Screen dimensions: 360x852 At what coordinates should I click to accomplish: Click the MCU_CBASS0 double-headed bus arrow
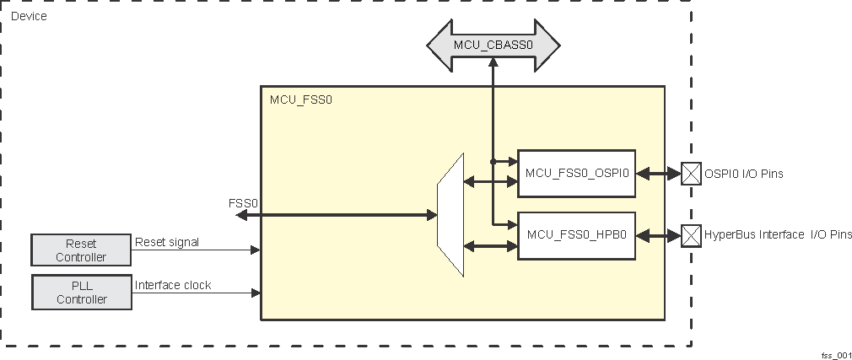coord(493,44)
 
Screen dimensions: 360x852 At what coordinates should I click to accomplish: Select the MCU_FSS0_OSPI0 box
coord(576,174)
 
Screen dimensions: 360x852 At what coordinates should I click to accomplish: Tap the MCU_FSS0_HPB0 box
coord(576,235)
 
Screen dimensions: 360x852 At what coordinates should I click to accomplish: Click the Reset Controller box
coord(81,250)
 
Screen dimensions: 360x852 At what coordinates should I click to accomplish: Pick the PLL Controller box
coord(81,292)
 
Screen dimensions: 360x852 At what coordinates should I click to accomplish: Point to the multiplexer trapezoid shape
coord(450,215)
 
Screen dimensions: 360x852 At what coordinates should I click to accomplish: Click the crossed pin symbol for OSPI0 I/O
coord(691,174)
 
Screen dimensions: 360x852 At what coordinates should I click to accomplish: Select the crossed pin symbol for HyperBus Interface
coord(691,235)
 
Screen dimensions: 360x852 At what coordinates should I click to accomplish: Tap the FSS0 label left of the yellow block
coord(243,203)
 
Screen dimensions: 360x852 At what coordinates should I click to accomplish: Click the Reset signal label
coord(167,242)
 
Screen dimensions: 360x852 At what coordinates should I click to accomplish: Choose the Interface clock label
coord(173,285)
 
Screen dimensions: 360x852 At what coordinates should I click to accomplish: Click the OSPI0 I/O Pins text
coord(743,174)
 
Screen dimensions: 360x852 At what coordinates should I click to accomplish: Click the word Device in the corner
coord(29,16)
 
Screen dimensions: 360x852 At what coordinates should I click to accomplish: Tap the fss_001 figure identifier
coord(834,354)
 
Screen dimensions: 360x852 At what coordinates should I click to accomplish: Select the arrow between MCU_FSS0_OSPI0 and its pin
coord(658,174)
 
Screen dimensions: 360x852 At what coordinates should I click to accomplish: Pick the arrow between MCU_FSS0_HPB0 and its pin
coord(658,235)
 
